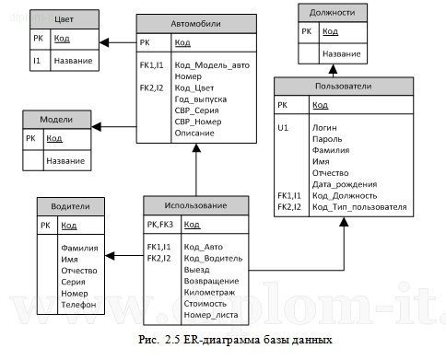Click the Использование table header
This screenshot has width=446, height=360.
[x=196, y=204]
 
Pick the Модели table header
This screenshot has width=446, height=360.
[x=57, y=120]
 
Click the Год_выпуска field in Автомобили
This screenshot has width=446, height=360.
[x=200, y=100]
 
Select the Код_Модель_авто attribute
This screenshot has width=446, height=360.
[x=211, y=66]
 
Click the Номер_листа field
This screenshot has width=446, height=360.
[x=210, y=313]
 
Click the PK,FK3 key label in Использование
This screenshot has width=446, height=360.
[x=160, y=225]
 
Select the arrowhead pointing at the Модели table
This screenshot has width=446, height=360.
[x=107, y=127]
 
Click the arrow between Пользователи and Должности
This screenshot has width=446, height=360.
[x=334, y=72]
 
